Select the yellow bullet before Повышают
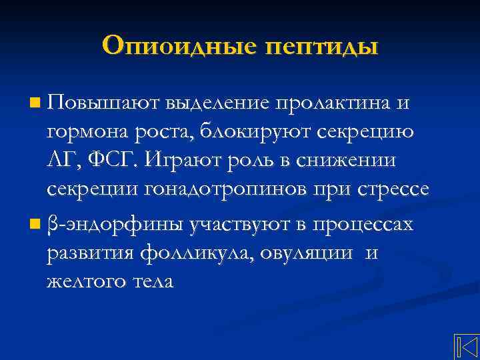35,103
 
